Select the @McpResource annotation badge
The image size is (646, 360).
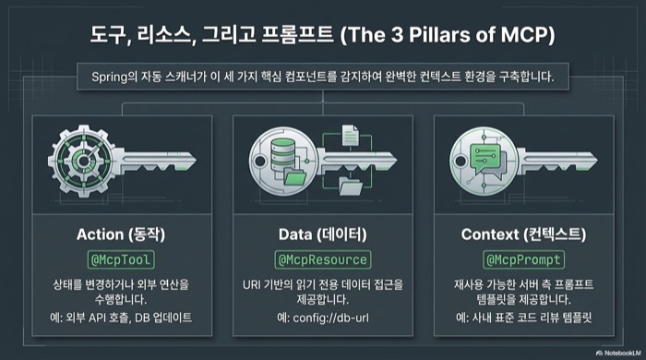[322, 259]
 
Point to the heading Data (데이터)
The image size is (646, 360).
[322, 234]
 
